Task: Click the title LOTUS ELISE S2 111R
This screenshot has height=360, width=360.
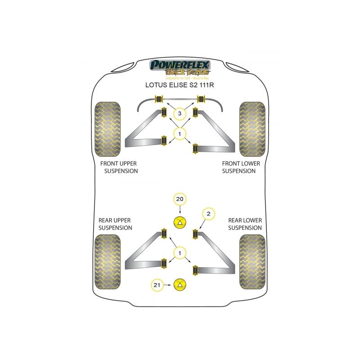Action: (x=180, y=84)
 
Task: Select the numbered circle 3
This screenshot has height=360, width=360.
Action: (x=180, y=113)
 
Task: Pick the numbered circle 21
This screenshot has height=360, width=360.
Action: (x=157, y=284)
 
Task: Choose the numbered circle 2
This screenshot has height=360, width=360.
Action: (x=207, y=214)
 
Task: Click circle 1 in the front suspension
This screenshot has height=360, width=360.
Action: (x=180, y=133)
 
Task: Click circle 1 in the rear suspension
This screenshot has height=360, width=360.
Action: (x=180, y=254)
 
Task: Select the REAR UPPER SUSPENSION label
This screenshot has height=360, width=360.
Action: (x=115, y=224)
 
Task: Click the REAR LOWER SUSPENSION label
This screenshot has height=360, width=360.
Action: (x=244, y=224)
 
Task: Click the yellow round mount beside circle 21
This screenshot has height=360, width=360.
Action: (x=180, y=284)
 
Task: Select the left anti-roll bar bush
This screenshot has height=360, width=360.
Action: (x=158, y=99)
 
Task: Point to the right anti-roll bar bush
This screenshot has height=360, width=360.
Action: (x=201, y=99)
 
